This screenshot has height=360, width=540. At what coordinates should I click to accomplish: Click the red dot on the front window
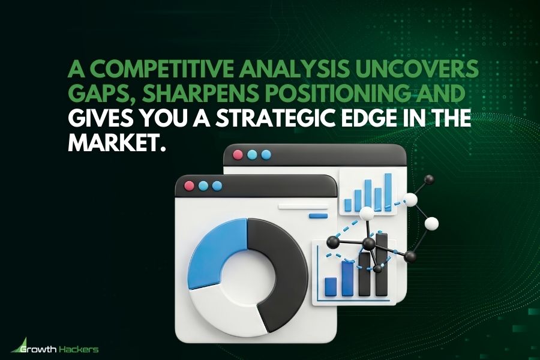190,186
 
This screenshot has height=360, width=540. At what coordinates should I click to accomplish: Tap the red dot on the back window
238,155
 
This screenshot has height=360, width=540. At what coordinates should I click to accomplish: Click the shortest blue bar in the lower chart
330,286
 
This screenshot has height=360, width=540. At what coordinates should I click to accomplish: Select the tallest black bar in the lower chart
381,265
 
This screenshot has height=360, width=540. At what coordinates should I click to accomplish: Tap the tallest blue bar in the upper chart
388,192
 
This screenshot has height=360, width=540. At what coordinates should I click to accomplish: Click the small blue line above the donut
317,215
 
